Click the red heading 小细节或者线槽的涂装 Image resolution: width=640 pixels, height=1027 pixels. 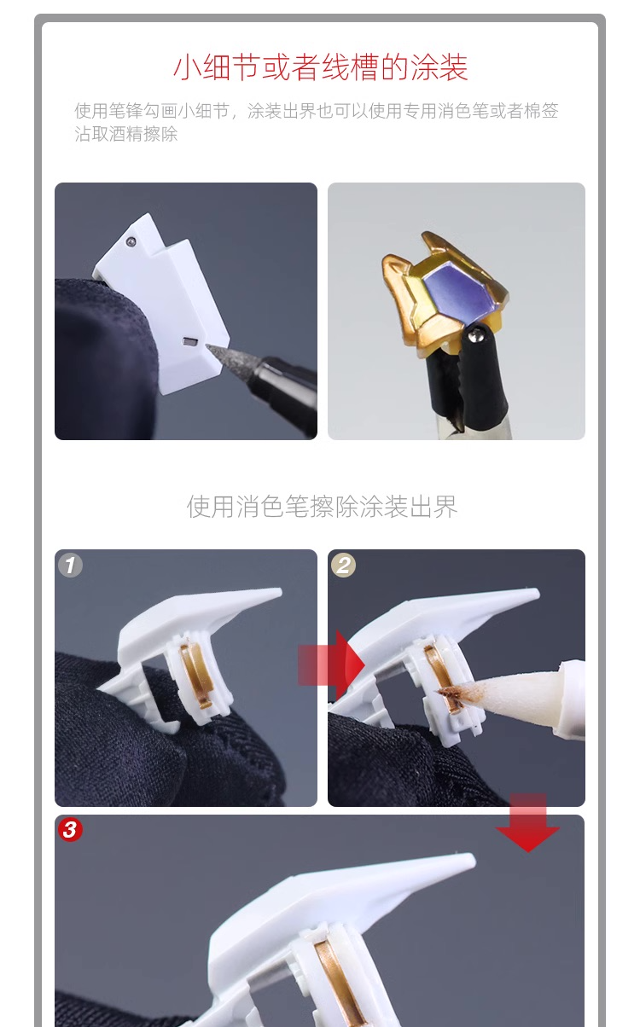[x=320, y=67]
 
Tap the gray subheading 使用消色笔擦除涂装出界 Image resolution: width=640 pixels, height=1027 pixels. [x=322, y=507]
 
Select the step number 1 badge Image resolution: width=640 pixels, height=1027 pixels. [x=70, y=566]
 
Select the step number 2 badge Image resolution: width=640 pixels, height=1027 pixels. [x=343, y=566]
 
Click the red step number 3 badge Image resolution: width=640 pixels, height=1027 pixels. [x=70, y=830]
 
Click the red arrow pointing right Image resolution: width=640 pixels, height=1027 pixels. [x=331, y=664]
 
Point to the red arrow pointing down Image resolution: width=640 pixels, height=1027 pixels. [x=527, y=823]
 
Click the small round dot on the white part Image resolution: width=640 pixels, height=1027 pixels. [x=131, y=241]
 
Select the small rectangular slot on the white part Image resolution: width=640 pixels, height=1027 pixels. [x=189, y=341]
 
